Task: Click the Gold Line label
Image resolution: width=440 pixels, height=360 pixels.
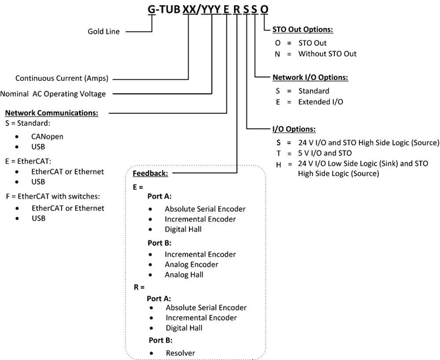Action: pyautogui.click(x=103, y=32)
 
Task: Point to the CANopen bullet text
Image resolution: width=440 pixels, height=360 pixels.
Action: pyautogui.click(x=48, y=137)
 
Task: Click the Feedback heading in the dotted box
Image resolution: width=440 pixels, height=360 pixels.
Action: pyautogui.click(x=150, y=174)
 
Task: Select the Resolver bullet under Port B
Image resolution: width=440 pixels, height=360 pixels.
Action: pyautogui.click(x=180, y=353)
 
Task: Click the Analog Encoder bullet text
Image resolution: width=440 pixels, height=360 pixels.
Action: pyautogui.click(x=191, y=265)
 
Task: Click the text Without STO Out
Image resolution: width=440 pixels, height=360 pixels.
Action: pyautogui.click(x=327, y=54)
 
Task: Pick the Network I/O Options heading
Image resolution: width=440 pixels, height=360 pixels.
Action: pyautogui.click(x=310, y=77)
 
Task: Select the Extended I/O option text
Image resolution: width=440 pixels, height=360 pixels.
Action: pyautogui.click(x=321, y=102)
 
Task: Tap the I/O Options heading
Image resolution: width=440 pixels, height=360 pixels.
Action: pyautogui.click(x=294, y=129)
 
